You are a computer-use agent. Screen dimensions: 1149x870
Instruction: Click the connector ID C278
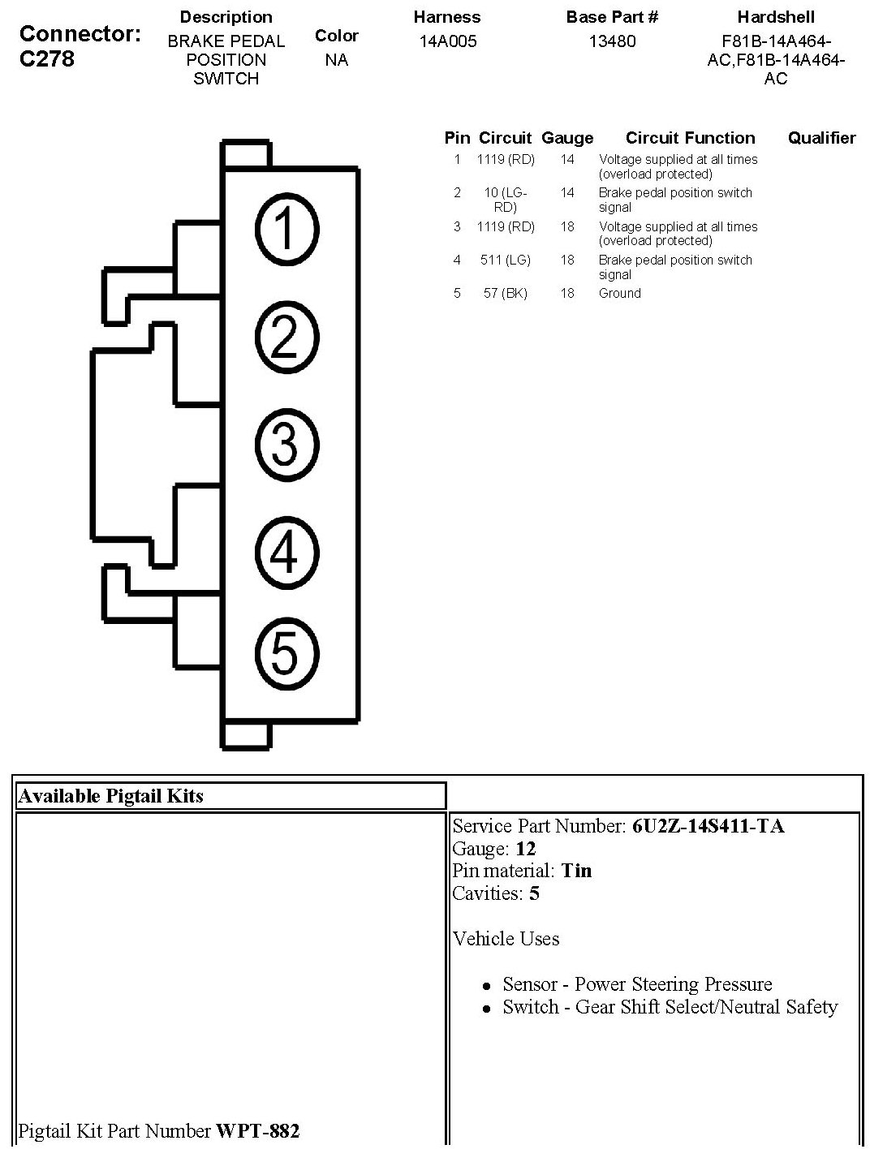coord(47,59)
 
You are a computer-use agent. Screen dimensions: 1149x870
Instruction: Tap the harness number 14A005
coord(446,41)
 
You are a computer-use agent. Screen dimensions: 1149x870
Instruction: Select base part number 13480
coord(612,41)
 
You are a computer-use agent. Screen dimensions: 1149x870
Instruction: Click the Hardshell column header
coord(775,17)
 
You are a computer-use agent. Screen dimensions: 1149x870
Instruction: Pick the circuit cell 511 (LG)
coord(505,260)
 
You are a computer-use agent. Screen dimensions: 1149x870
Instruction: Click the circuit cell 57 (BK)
coord(505,293)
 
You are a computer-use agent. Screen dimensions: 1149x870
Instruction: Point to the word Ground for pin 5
coord(619,293)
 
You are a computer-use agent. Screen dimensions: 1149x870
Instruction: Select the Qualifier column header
coord(821,138)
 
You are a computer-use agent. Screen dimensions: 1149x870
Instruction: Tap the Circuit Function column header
coord(690,138)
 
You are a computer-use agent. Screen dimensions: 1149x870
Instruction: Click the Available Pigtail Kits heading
coord(110,796)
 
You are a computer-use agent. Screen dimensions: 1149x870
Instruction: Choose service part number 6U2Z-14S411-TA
coord(708,826)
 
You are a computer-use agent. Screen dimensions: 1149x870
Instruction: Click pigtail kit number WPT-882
coord(257,1130)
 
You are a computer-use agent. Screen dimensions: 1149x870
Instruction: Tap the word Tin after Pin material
coord(576,871)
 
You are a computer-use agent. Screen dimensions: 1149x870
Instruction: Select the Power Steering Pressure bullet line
coord(637,984)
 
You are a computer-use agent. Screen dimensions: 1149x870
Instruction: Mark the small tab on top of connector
coord(246,154)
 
